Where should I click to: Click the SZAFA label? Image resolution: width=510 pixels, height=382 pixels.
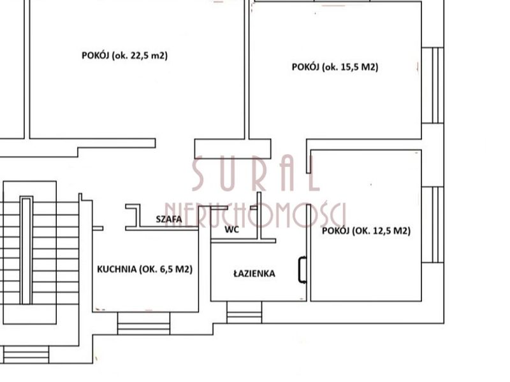[169, 219]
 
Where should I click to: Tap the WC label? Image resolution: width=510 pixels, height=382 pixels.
[231, 229]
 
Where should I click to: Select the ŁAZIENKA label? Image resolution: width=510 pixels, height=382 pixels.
[254, 274]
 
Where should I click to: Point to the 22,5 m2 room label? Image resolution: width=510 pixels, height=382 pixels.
[124, 55]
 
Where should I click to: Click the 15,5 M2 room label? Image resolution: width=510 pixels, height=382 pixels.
[335, 67]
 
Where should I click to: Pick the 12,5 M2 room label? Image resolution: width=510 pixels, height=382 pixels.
[366, 230]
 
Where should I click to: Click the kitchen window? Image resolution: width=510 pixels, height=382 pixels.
[143, 323]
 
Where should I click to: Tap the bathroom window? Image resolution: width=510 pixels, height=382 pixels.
[244, 312]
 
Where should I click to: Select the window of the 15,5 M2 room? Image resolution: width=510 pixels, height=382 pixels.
[433, 85]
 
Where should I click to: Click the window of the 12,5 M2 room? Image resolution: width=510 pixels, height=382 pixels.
[433, 225]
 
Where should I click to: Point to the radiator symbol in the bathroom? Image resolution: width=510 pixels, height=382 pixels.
[302, 270]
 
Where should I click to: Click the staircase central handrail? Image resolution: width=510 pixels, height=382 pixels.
[26, 250]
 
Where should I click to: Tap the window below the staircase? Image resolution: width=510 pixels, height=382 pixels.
[26, 355]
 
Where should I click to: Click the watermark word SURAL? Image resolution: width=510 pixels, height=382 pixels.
[256, 174]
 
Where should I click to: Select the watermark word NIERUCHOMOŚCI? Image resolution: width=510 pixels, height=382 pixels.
[256, 216]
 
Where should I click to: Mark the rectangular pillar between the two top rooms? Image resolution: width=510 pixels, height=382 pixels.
[233, 149]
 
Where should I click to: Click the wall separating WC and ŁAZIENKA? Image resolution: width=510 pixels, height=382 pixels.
[244, 241]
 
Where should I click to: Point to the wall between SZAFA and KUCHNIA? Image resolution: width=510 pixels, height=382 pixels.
[162, 229]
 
